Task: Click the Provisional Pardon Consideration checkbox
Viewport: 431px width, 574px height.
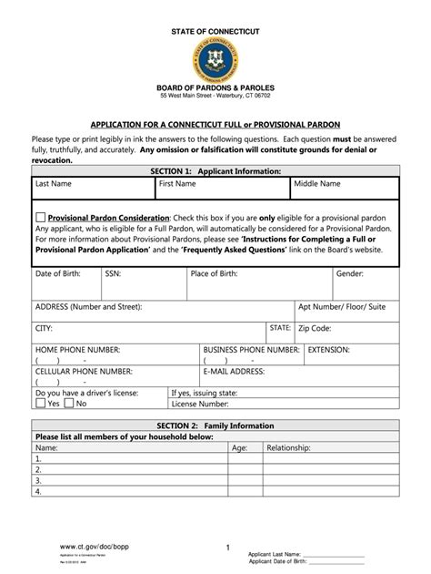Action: (x=41, y=218)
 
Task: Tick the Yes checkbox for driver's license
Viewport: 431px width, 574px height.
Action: (x=41, y=403)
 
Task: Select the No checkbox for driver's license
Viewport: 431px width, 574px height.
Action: (x=70, y=403)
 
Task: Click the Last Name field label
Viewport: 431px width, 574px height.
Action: (x=54, y=184)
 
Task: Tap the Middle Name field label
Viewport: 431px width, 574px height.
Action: (x=316, y=184)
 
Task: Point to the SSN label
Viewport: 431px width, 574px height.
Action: (x=113, y=273)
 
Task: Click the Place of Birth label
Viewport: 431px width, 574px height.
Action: (x=219, y=273)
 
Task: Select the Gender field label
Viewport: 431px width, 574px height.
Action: (x=350, y=273)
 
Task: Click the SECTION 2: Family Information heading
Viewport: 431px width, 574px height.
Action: (x=215, y=426)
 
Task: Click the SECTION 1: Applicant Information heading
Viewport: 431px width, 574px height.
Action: (x=215, y=170)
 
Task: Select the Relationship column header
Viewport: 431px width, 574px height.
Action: (x=288, y=448)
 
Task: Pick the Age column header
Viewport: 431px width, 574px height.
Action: (x=239, y=448)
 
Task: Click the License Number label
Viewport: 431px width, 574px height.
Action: (x=200, y=404)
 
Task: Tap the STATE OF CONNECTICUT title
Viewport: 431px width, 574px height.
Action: (x=215, y=32)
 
